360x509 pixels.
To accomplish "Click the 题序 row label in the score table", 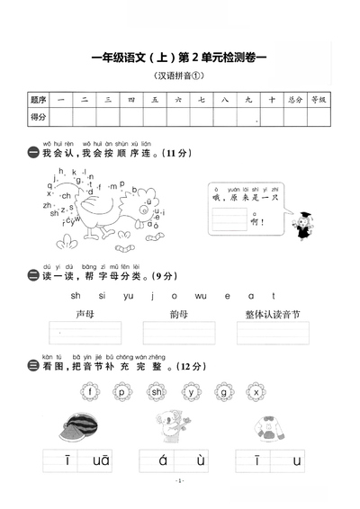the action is point(38,100).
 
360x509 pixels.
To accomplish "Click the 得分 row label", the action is point(38,118).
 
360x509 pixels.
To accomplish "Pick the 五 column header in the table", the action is point(156,100).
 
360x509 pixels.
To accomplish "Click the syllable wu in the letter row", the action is point(200,294).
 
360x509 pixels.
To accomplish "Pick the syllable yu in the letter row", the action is point(127,294).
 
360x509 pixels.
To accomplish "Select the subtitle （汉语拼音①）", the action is point(180,76).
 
